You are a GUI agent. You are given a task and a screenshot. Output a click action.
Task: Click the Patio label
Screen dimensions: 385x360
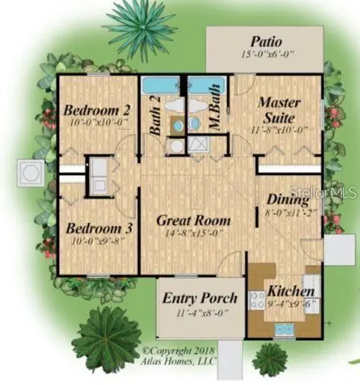[x=266, y=40]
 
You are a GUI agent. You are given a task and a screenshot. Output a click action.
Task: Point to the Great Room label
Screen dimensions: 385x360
[x=193, y=221]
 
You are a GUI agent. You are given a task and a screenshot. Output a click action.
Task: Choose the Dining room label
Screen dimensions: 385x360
[x=288, y=200]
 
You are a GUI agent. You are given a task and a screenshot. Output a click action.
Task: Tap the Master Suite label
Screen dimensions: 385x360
[x=279, y=109]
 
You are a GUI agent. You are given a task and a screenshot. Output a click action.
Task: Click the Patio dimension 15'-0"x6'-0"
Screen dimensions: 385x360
[x=266, y=55]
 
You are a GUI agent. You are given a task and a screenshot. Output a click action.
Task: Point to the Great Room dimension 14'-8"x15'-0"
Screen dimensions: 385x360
[x=193, y=233]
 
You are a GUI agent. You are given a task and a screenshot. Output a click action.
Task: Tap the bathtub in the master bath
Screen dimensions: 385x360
[x=211, y=85]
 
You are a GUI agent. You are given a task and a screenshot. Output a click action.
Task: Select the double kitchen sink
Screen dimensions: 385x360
[x=285, y=327]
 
